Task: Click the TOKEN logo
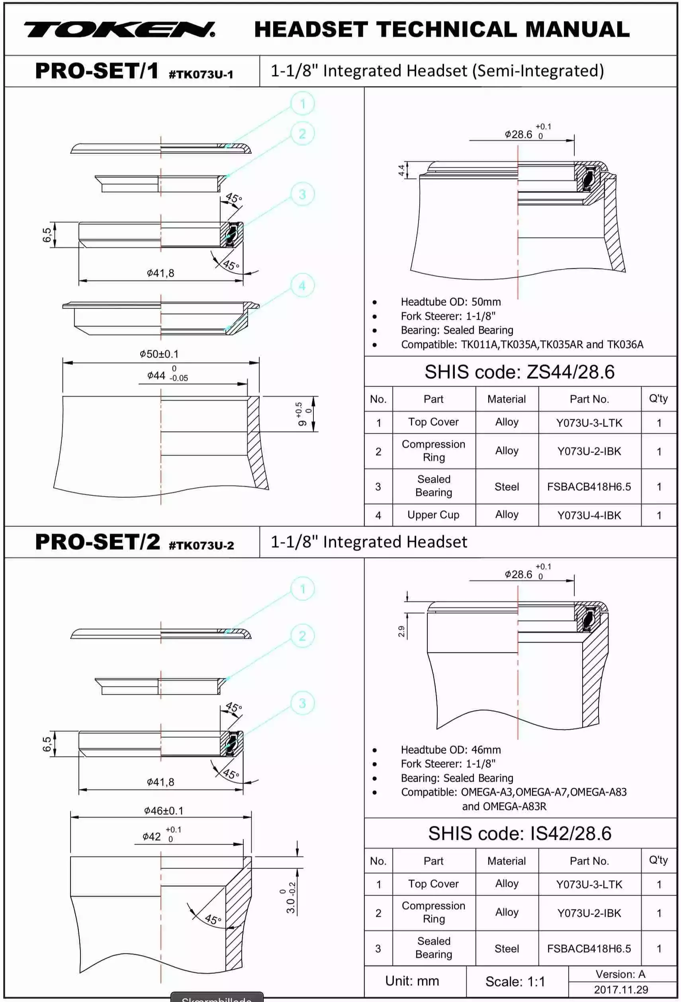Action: tap(119, 30)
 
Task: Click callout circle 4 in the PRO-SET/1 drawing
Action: tap(302, 285)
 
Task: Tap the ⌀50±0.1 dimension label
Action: tap(159, 354)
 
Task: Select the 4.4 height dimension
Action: tap(401, 170)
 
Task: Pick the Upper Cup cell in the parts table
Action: tap(433, 515)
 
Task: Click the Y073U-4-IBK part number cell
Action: tap(589, 515)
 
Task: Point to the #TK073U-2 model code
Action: tap(201, 545)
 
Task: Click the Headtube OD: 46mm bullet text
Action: tap(450, 749)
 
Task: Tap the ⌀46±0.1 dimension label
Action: tap(164, 811)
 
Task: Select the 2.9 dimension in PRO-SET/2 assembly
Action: tap(401, 631)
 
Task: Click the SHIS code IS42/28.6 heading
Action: tap(519, 833)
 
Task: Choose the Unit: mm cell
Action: tap(412, 981)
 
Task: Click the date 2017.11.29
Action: tap(621, 990)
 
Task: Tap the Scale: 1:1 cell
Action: tap(515, 981)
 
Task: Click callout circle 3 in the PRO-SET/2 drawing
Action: tap(302, 703)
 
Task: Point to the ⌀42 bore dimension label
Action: tap(152, 837)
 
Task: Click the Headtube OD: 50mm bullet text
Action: tap(450, 302)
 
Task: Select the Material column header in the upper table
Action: tap(507, 399)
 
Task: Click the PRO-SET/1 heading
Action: tap(97, 71)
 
